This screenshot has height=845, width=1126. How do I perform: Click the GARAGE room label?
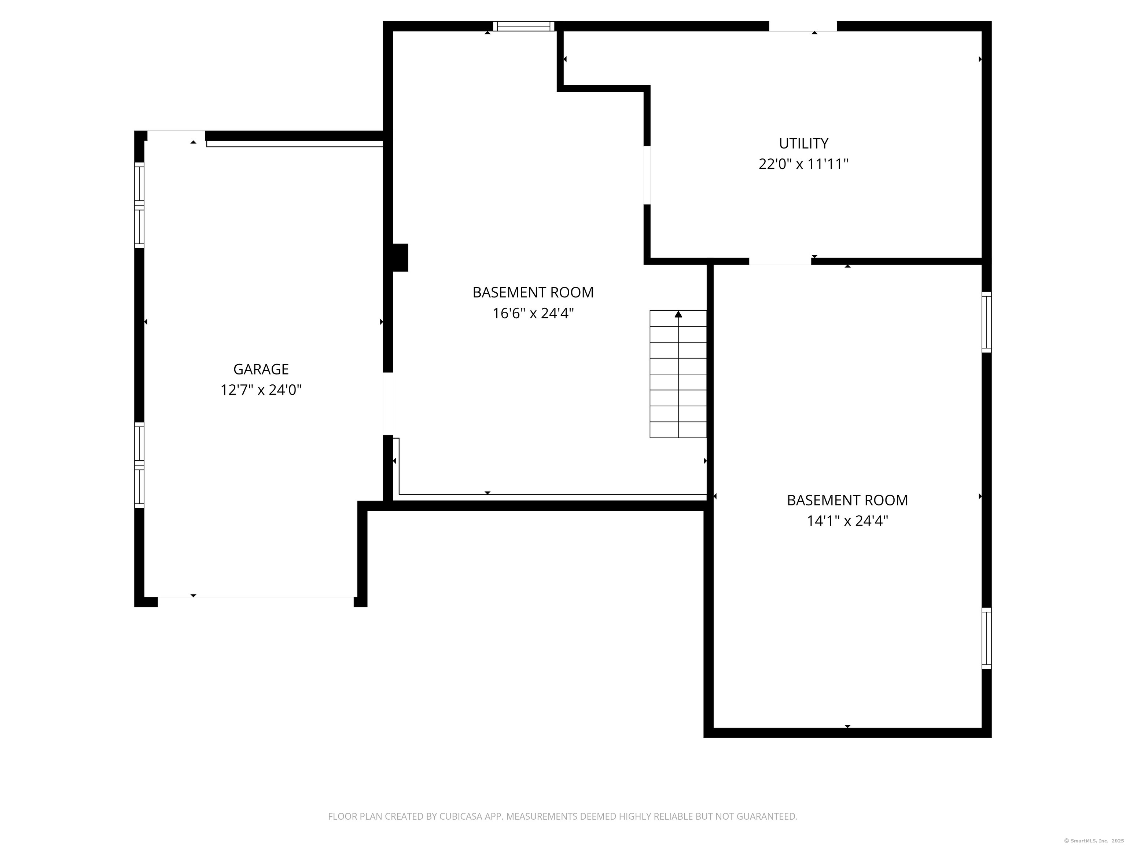261,369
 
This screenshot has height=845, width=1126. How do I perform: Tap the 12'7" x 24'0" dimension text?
261,390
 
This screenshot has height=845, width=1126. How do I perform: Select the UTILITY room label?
804,143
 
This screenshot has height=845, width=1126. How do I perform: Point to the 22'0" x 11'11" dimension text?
804,164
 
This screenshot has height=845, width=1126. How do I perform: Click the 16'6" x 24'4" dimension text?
533,313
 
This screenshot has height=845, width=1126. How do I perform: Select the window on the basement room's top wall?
523,26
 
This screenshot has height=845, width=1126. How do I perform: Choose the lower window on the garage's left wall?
139,465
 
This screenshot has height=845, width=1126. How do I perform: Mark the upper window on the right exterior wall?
986,322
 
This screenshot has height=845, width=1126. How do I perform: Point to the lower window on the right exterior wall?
986,638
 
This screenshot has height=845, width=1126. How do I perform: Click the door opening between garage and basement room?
388,404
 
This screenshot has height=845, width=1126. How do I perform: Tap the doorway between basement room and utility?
647,175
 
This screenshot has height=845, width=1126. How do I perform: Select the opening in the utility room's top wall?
803,26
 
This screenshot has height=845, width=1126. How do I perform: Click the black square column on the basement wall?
401,258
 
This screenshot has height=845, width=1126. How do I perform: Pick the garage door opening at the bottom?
255,601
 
